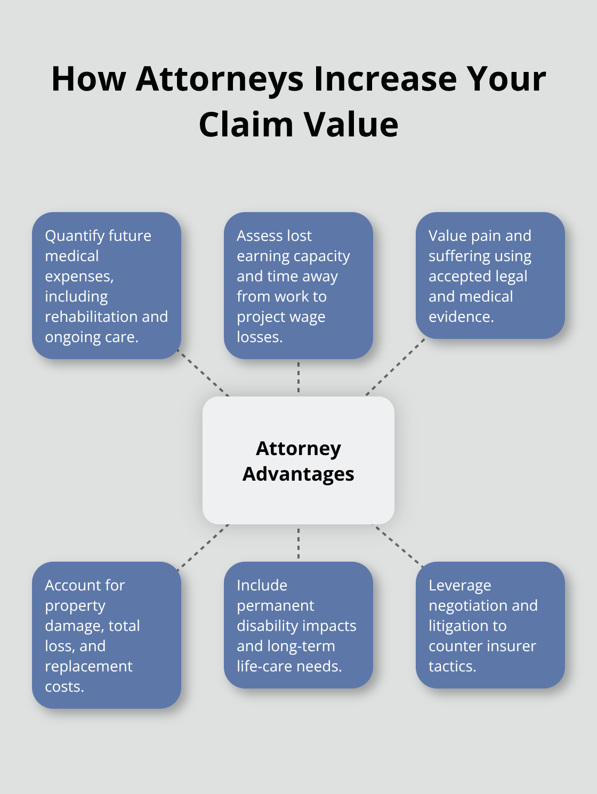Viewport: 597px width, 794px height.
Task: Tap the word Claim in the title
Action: pyautogui.click(x=246, y=125)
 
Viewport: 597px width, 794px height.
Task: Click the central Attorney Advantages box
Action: pyautogui.click(x=298, y=460)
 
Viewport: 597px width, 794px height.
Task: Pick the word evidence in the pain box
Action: pyautogui.click(x=461, y=317)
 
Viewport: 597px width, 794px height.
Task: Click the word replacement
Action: pyautogui.click(x=88, y=667)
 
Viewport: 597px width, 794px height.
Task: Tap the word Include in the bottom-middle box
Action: pyautogui.click(x=262, y=586)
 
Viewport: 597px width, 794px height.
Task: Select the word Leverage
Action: pyautogui.click(x=459, y=586)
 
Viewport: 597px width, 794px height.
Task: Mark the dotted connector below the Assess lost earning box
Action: pyautogui.click(x=298, y=377)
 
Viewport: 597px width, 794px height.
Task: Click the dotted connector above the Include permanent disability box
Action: pyautogui.click(x=298, y=543)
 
